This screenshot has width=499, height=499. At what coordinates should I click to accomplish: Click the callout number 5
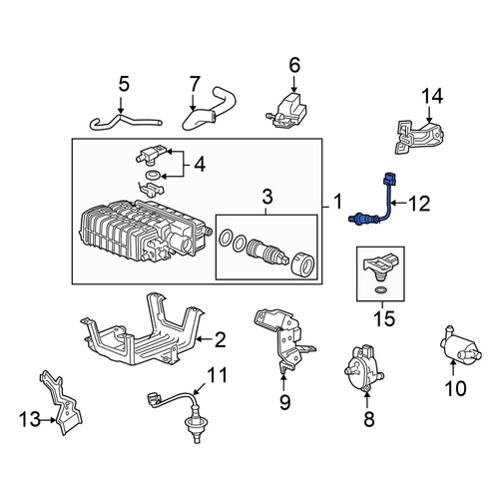124,85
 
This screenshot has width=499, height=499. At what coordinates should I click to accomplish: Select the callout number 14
432,96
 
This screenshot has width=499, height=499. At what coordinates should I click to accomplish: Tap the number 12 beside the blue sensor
419,204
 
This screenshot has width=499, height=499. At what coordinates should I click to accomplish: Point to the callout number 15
384,318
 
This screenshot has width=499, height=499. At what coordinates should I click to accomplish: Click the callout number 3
267,197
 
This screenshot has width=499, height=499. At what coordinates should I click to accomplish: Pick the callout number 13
30,419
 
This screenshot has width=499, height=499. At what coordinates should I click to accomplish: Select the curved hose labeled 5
126,122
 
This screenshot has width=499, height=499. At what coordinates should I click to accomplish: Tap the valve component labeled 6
286,111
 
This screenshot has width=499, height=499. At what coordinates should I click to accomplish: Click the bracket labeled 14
419,138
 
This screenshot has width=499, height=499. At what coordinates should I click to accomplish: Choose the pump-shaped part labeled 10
460,345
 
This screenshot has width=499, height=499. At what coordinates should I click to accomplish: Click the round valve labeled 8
363,368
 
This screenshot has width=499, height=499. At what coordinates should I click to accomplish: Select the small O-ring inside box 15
380,290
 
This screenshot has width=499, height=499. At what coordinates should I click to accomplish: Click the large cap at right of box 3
302,263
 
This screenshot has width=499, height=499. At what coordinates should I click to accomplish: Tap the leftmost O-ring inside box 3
226,238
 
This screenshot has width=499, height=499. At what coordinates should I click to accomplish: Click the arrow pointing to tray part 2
205,339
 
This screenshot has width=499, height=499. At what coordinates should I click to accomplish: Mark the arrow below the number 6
294,84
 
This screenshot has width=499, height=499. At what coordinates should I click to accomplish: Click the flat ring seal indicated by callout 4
153,174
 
